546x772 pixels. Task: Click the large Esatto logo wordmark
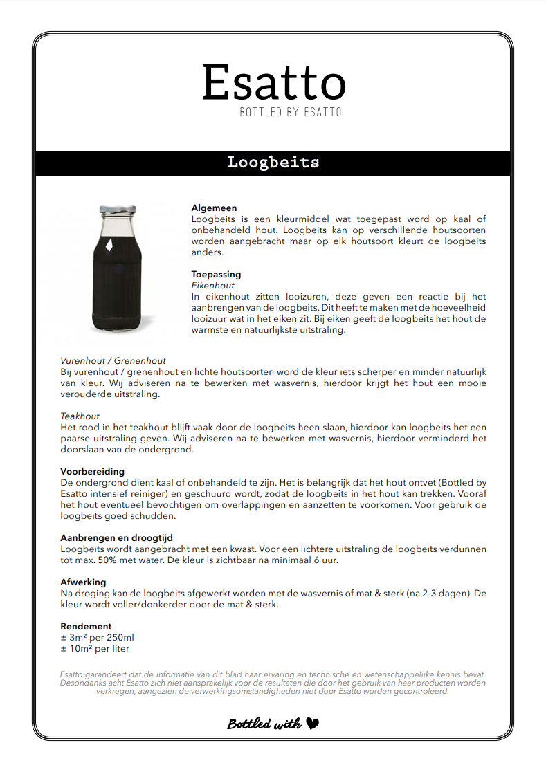[273, 82]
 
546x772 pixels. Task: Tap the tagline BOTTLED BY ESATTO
[291, 112]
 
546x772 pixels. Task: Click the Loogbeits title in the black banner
[273, 163]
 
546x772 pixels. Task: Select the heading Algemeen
[214, 208]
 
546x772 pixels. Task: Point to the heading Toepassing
[216, 274]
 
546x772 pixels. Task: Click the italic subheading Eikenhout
[212, 285]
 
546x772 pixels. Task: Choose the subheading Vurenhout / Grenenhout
[113, 360]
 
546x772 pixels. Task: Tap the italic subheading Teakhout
[80, 416]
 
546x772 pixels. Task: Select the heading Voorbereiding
[93, 471]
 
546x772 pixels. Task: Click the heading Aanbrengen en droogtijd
[116, 537]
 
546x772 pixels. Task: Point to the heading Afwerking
[83, 582]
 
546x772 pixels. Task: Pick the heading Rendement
[86, 626]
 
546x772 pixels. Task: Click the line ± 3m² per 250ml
[97, 637]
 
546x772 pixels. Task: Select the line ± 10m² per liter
[95, 648]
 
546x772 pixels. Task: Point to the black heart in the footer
[312, 724]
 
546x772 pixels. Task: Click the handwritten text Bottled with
[264, 724]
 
